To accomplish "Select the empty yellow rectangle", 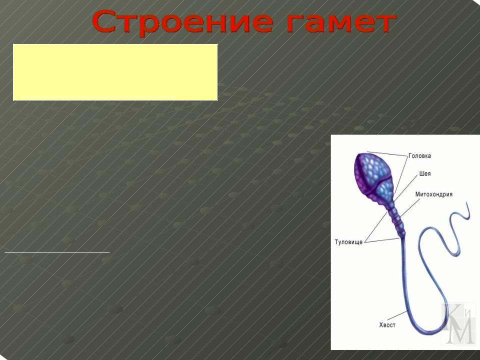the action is [115, 72].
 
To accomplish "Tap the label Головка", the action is [419, 156].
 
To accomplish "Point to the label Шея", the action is [425, 173].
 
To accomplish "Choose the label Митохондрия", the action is [434, 194].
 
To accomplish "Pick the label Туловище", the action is [348, 242].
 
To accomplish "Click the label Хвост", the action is [387, 325].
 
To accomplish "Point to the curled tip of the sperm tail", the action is [468, 211].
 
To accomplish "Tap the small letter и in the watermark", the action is [467, 313].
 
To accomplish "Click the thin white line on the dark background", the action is [57, 252].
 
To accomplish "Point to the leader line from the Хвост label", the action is [397, 315].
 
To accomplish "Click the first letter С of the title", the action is [104, 22].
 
